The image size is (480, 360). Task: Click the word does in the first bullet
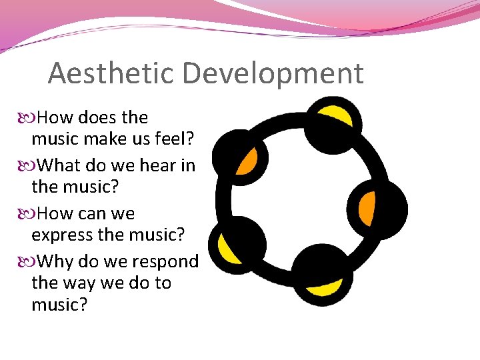coord(97,117)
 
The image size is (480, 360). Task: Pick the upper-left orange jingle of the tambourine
coord(247,160)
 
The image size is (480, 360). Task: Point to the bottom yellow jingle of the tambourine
coord(325,286)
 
